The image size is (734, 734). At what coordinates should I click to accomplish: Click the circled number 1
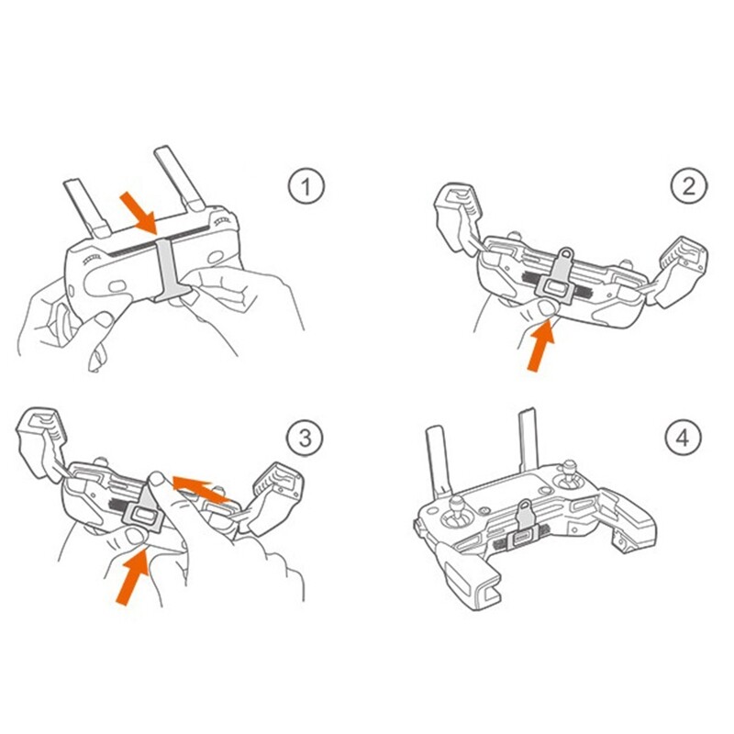click(x=306, y=186)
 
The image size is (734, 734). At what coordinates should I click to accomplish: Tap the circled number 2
click(x=689, y=186)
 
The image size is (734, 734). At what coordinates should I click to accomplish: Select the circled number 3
click(x=305, y=439)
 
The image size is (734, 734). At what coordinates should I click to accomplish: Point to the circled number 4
click(x=684, y=438)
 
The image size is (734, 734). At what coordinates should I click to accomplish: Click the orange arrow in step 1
click(x=139, y=214)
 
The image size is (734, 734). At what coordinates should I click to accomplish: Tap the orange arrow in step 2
click(x=541, y=345)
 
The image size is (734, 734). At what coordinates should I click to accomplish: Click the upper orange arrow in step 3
click(x=201, y=489)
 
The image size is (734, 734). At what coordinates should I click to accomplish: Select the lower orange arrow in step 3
click(x=132, y=577)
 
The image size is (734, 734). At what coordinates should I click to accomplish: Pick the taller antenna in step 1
click(x=179, y=178)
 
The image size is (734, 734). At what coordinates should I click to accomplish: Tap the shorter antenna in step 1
click(x=87, y=209)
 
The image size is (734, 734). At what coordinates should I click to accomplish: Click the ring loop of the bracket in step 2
click(x=566, y=254)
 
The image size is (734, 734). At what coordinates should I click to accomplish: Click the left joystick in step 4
click(x=457, y=512)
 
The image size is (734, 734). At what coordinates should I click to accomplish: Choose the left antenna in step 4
click(x=439, y=462)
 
